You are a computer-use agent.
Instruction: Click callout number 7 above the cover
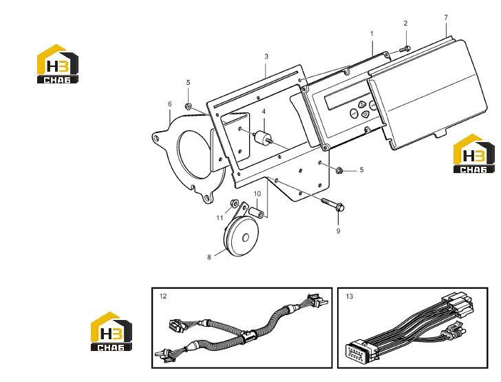coord(446,17)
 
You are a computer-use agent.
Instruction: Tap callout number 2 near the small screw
coord(405,23)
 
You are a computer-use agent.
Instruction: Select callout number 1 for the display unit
coord(372,33)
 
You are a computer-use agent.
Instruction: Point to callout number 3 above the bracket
coord(266,57)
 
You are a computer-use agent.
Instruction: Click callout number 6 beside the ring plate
coord(170,104)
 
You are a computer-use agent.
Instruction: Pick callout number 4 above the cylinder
coord(264,112)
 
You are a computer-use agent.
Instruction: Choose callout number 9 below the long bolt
coord(338,230)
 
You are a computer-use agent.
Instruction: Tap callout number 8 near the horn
coord(209,257)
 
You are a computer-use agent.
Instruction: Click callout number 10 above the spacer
coord(257,194)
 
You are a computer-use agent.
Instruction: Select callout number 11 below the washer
coord(220,218)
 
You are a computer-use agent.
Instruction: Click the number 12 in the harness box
coord(163,296)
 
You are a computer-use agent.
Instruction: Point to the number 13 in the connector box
coord(350,296)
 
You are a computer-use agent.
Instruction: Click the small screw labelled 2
coord(405,49)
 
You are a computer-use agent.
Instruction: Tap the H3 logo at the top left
coord(58,63)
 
